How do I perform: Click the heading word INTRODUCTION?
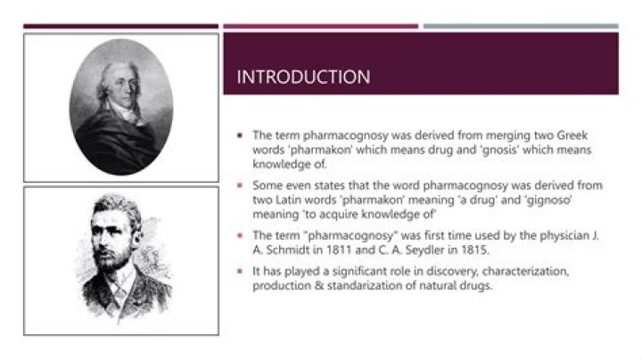[303, 78]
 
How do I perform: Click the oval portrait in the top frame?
[121, 106]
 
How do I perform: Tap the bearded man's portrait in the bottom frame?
[121, 261]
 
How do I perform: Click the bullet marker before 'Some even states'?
[241, 184]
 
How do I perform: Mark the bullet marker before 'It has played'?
[241, 270]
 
